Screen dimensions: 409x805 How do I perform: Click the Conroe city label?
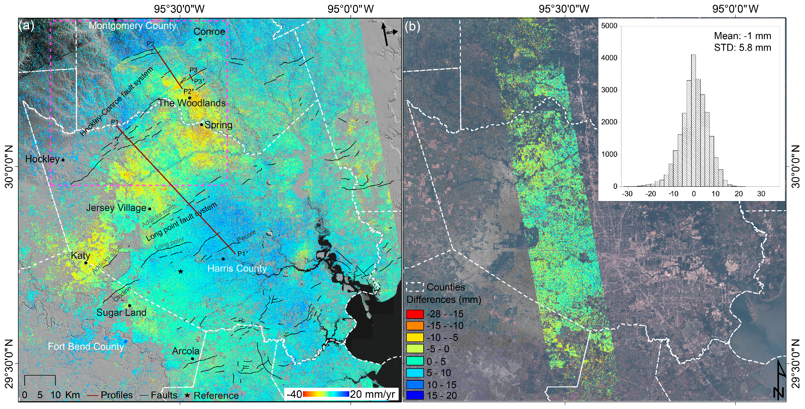tap(209, 32)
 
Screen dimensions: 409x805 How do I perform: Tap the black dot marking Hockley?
tap(63, 160)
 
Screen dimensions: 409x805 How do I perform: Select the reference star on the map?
tap(180, 272)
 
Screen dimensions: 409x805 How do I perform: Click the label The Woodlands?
tap(192, 103)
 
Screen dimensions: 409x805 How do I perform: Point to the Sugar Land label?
tap(121, 312)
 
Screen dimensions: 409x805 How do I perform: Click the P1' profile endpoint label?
tap(243, 254)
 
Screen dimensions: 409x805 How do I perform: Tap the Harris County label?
tap(237, 269)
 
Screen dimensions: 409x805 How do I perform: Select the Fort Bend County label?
tap(86, 347)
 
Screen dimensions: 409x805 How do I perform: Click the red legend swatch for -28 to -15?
tap(415, 314)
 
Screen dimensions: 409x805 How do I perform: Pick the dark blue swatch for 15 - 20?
tap(415, 396)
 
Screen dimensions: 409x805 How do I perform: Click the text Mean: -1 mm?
tap(742, 36)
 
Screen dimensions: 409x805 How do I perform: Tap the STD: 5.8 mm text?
tap(742, 48)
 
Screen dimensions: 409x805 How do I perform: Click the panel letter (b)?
tap(412, 27)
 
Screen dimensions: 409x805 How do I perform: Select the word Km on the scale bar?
tap(72, 395)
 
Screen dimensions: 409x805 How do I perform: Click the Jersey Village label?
tap(116, 208)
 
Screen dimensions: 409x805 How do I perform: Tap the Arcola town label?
tap(186, 351)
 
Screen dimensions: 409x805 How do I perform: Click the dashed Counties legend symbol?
tap(415, 287)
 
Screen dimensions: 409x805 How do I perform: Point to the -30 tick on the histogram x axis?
tap(627, 194)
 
